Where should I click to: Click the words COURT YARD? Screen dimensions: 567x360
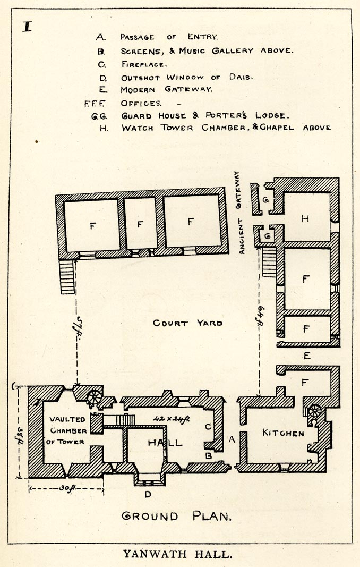[187, 323]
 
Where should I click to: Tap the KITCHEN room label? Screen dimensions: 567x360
[283, 433]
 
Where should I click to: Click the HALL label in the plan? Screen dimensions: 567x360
[165, 442]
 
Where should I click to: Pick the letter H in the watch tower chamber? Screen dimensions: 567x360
[305, 218]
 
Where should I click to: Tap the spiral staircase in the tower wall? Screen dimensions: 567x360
[95, 396]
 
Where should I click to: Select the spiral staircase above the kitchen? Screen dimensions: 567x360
[314, 410]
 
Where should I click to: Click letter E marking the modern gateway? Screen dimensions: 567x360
[306, 356]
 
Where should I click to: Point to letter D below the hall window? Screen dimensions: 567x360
[148, 495]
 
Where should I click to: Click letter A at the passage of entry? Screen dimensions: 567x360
[231, 439]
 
